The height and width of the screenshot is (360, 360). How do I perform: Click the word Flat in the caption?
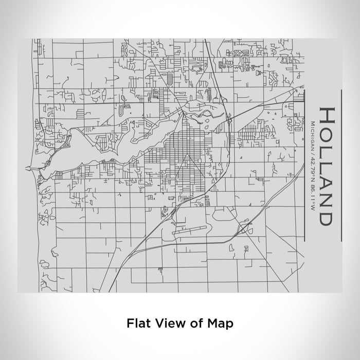(x=137, y=323)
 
